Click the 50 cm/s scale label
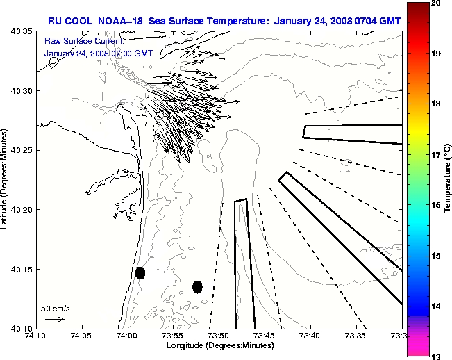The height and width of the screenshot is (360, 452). (x=55, y=308)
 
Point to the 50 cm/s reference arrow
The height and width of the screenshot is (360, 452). (x=54, y=319)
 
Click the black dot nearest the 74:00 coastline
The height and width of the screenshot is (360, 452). (x=140, y=272)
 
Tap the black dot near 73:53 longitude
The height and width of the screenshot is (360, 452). (x=197, y=286)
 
